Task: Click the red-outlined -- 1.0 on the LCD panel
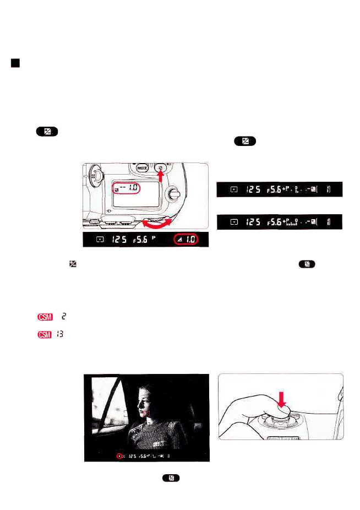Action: tap(127, 188)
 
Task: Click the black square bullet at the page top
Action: tap(15, 63)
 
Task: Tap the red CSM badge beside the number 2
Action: tap(43, 317)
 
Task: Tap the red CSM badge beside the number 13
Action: tap(43, 334)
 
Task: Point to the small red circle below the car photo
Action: tap(119, 456)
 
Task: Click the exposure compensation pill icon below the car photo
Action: tap(171, 478)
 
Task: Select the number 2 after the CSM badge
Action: tap(63, 317)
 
